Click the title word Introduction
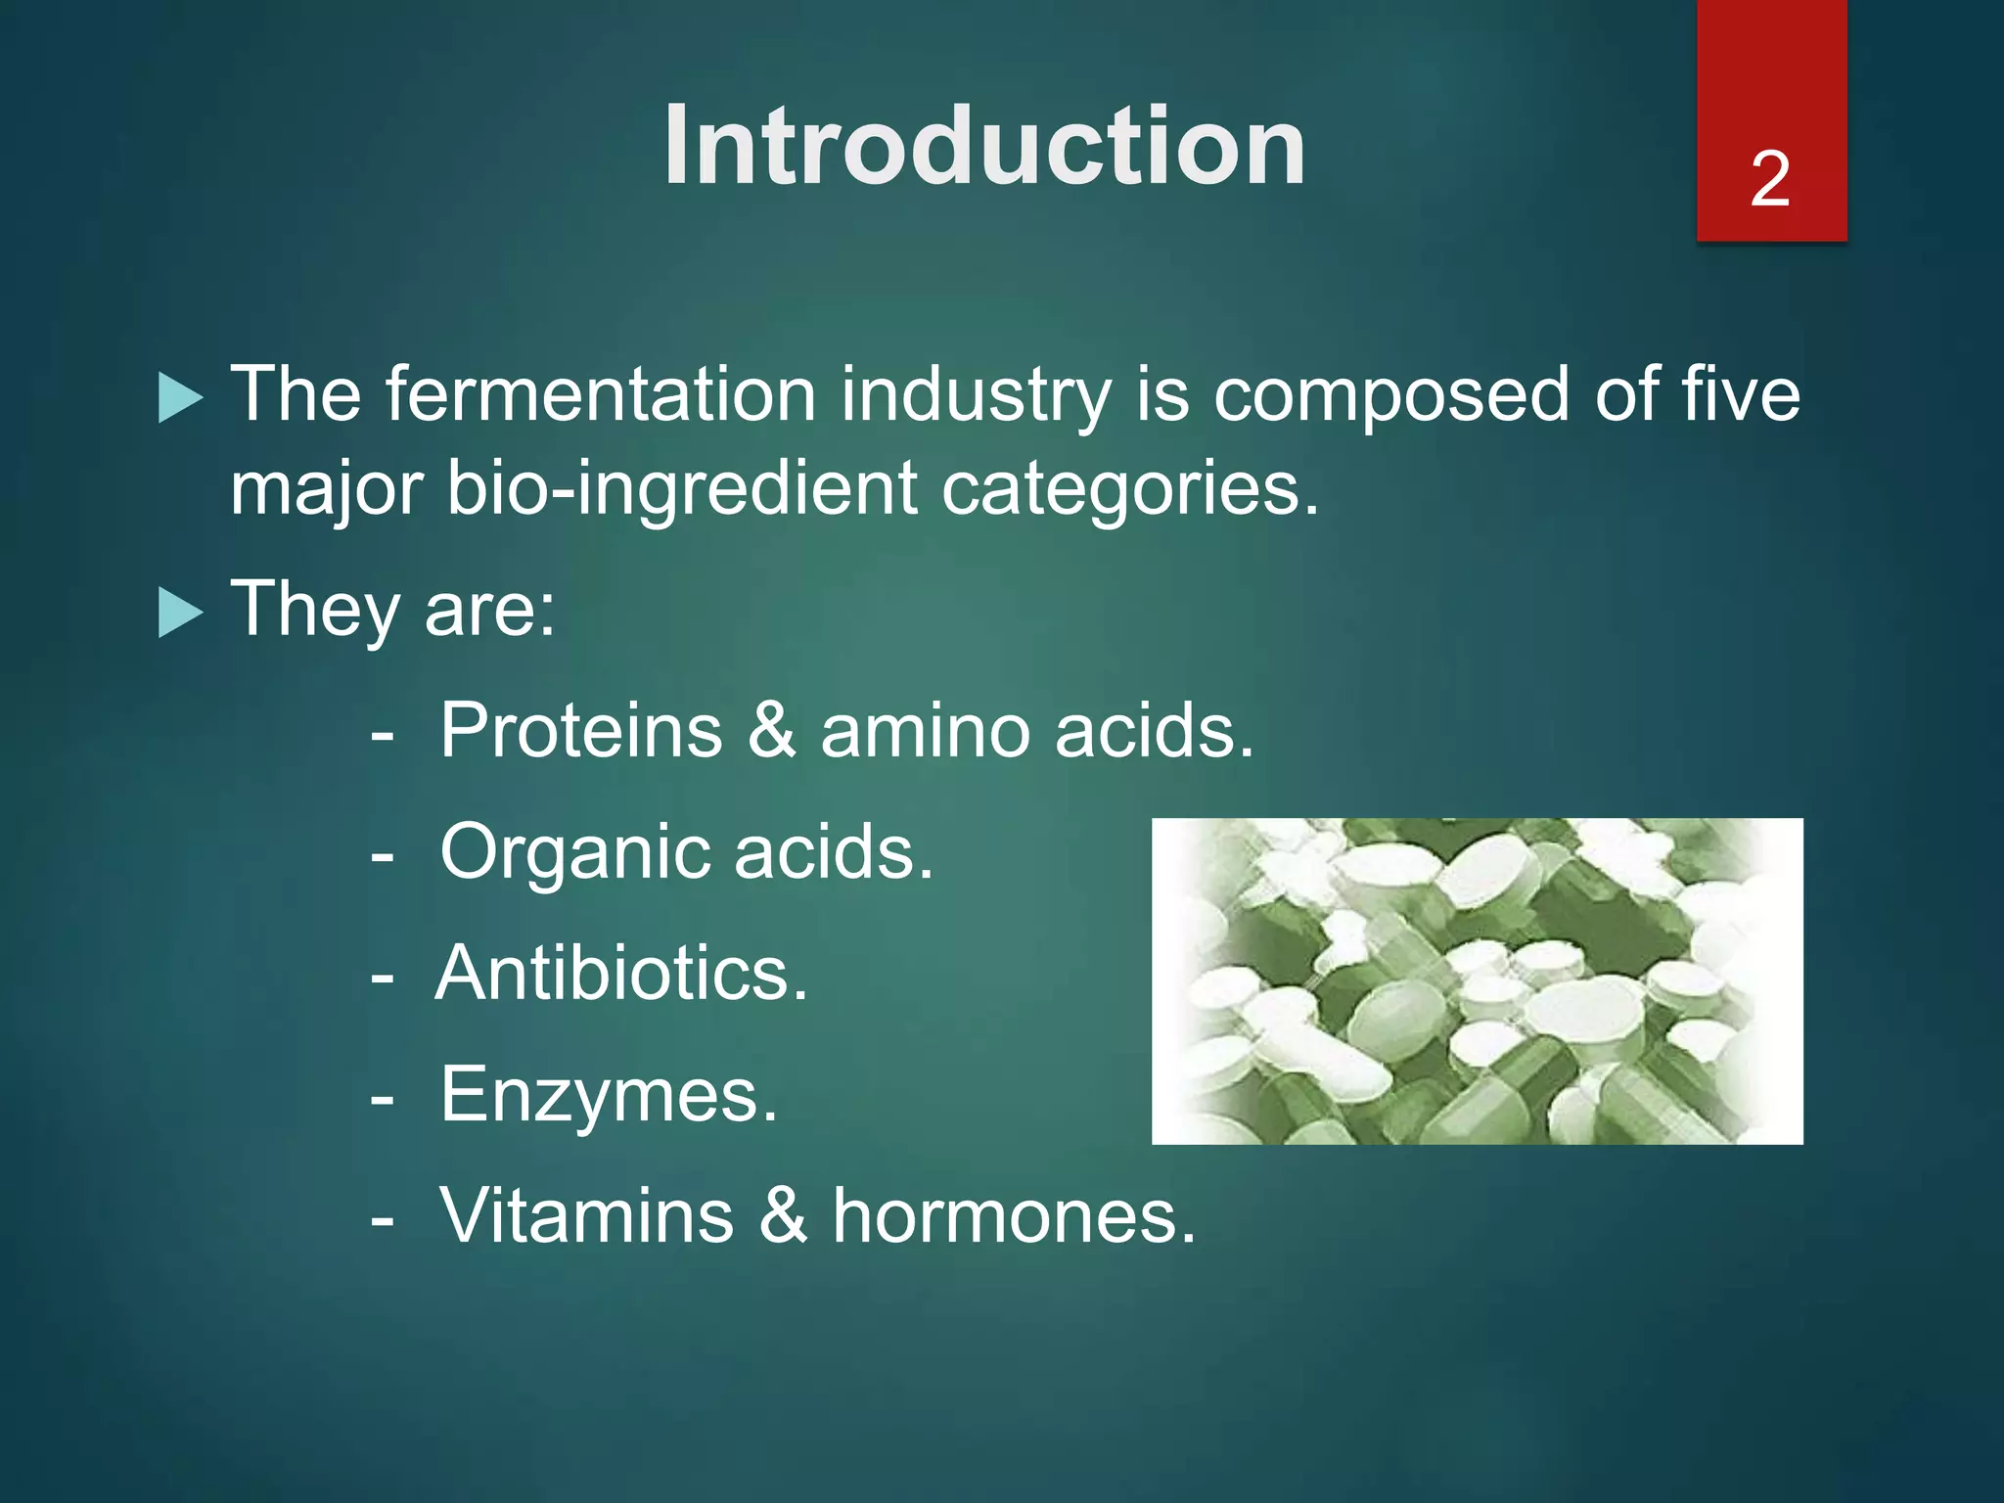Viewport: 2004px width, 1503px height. (984, 147)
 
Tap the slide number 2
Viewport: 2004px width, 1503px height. (1770, 179)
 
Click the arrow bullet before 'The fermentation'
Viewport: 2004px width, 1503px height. (180, 399)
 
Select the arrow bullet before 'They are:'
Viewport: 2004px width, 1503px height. (180, 614)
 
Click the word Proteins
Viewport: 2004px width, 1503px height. (581, 730)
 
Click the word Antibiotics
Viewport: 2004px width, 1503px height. (621, 974)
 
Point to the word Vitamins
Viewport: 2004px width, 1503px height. (586, 1216)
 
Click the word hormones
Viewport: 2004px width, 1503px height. (1014, 1216)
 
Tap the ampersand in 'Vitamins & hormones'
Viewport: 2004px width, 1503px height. (784, 1216)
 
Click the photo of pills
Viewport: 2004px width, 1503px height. (1477, 980)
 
